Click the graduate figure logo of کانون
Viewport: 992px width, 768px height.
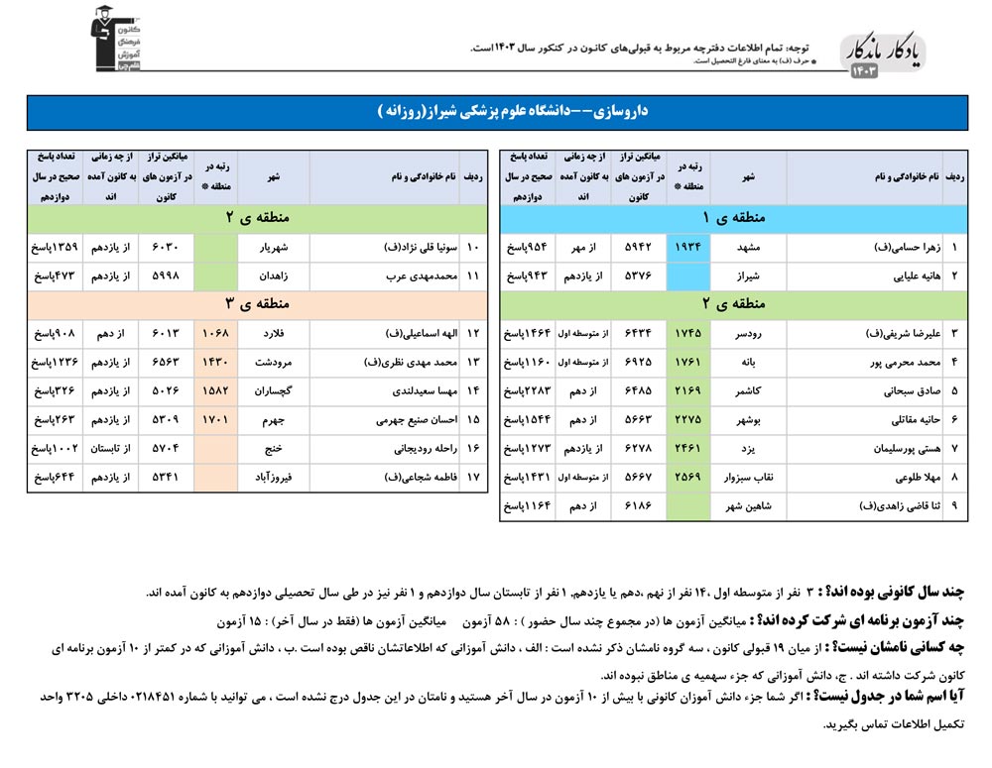[x=115, y=40]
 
